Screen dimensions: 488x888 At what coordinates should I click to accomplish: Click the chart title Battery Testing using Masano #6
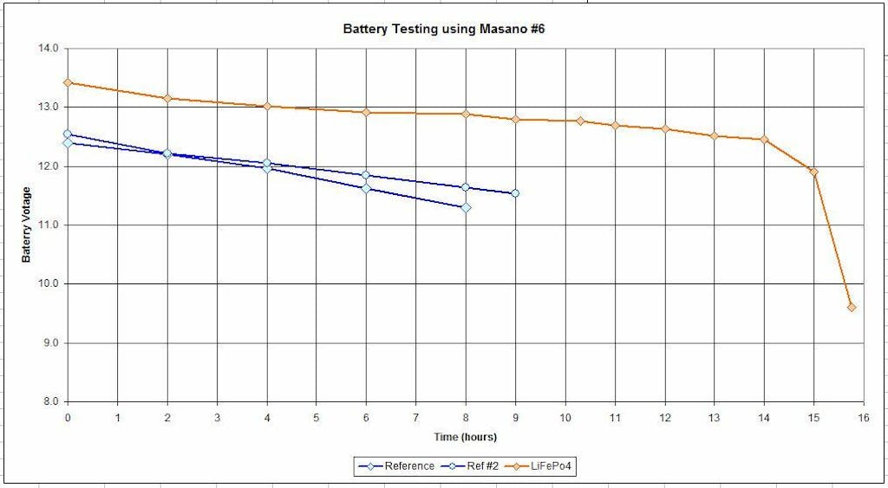pyautogui.click(x=444, y=29)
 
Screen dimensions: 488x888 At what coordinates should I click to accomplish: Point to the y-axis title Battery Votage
pyautogui.click(x=27, y=224)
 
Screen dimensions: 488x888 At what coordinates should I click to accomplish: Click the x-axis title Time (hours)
pyautogui.click(x=465, y=437)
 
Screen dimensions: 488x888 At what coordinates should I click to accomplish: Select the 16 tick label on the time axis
pyautogui.click(x=864, y=417)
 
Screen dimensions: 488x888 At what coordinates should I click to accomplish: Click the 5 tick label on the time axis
pyautogui.click(x=317, y=417)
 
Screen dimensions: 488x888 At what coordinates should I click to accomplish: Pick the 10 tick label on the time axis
pyautogui.click(x=565, y=417)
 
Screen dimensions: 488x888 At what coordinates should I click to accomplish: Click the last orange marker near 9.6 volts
pyautogui.click(x=852, y=307)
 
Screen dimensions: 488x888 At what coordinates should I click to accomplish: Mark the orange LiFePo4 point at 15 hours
pyautogui.click(x=813, y=172)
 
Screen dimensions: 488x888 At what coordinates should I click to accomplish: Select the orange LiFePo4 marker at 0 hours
pyautogui.click(x=68, y=82)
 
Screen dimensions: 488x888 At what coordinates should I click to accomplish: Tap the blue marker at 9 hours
pyautogui.click(x=515, y=193)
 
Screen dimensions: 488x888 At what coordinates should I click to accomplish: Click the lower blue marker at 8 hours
pyautogui.click(x=466, y=207)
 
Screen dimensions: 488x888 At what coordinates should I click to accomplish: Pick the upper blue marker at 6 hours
pyautogui.click(x=366, y=175)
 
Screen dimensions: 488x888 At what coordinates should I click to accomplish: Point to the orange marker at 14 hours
pyautogui.click(x=764, y=139)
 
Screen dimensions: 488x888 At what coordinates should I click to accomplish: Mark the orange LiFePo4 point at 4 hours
pyautogui.click(x=267, y=106)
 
